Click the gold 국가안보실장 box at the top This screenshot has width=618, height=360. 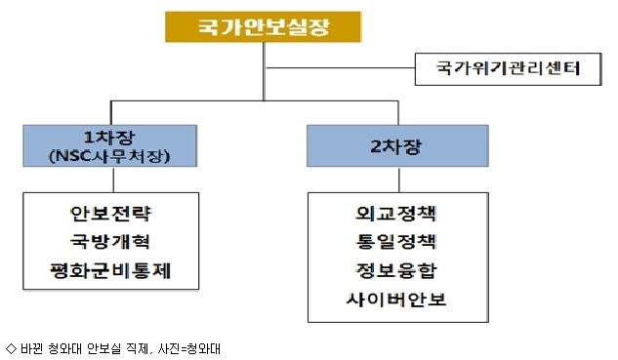(263, 26)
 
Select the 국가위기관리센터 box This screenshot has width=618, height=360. (508, 69)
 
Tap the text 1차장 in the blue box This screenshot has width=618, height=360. (109, 138)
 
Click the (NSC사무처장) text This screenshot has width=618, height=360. (109, 156)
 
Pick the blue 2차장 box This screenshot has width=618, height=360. (397, 145)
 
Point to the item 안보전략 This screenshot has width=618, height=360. (110, 214)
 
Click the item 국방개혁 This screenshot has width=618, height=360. (110, 241)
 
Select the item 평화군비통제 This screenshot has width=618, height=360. (110, 271)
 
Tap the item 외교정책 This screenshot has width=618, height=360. (395, 214)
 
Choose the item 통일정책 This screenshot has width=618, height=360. (395, 241)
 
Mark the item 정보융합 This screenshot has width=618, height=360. (396, 270)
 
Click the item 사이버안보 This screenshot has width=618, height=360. (396, 300)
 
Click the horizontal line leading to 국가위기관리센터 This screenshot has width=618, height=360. (340, 68)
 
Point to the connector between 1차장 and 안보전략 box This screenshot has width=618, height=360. (113, 180)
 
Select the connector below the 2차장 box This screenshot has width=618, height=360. (399, 180)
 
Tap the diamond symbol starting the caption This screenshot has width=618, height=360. (11, 348)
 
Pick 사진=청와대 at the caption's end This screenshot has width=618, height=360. (188, 349)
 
